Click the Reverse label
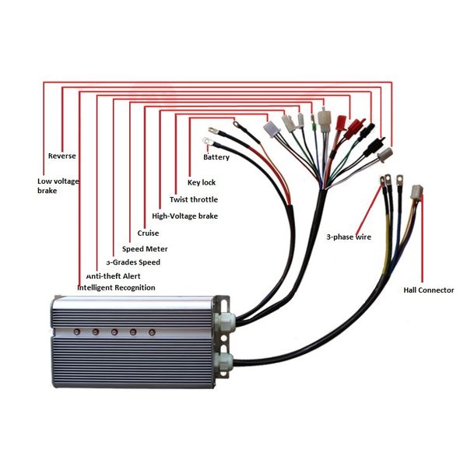click(x=62, y=156)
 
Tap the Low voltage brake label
click(x=58, y=186)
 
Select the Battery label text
click(x=216, y=157)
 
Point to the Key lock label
click(x=202, y=183)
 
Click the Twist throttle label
click(x=194, y=199)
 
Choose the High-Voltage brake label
click(x=184, y=216)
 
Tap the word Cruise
click(x=148, y=233)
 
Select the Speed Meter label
click(x=145, y=249)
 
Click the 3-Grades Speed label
click(x=133, y=262)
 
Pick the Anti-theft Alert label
click(x=113, y=276)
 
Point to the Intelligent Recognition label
click(x=116, y=288)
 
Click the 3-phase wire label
click(x=349, y=237)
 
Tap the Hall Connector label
click(x=429, y=290)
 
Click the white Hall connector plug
click(x=416, y=192)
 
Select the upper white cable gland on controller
click(x=225, y=322)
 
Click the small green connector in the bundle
click(x=313, y=128)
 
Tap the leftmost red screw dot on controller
click(x=77, y=332)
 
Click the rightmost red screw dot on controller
click(x=152, y=332)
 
